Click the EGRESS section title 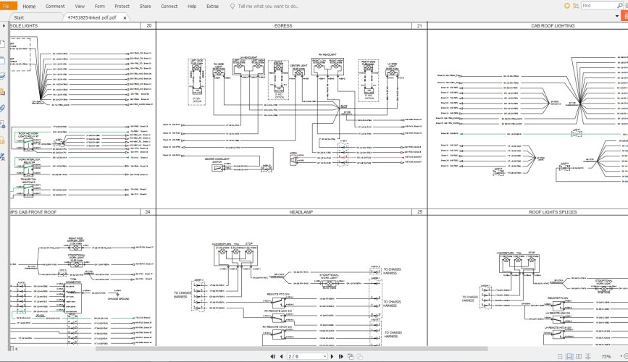[x=283, y=25]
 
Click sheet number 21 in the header [x=419, y=25]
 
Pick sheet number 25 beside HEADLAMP [x=419, y=212]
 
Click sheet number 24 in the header [x=148, y=212]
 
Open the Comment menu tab [x=55, y=5]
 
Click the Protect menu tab [x=122, y=5]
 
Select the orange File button [x=7, y=5]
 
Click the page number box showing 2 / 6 [x=304, y=356]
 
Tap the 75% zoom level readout [x=606, y=356]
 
